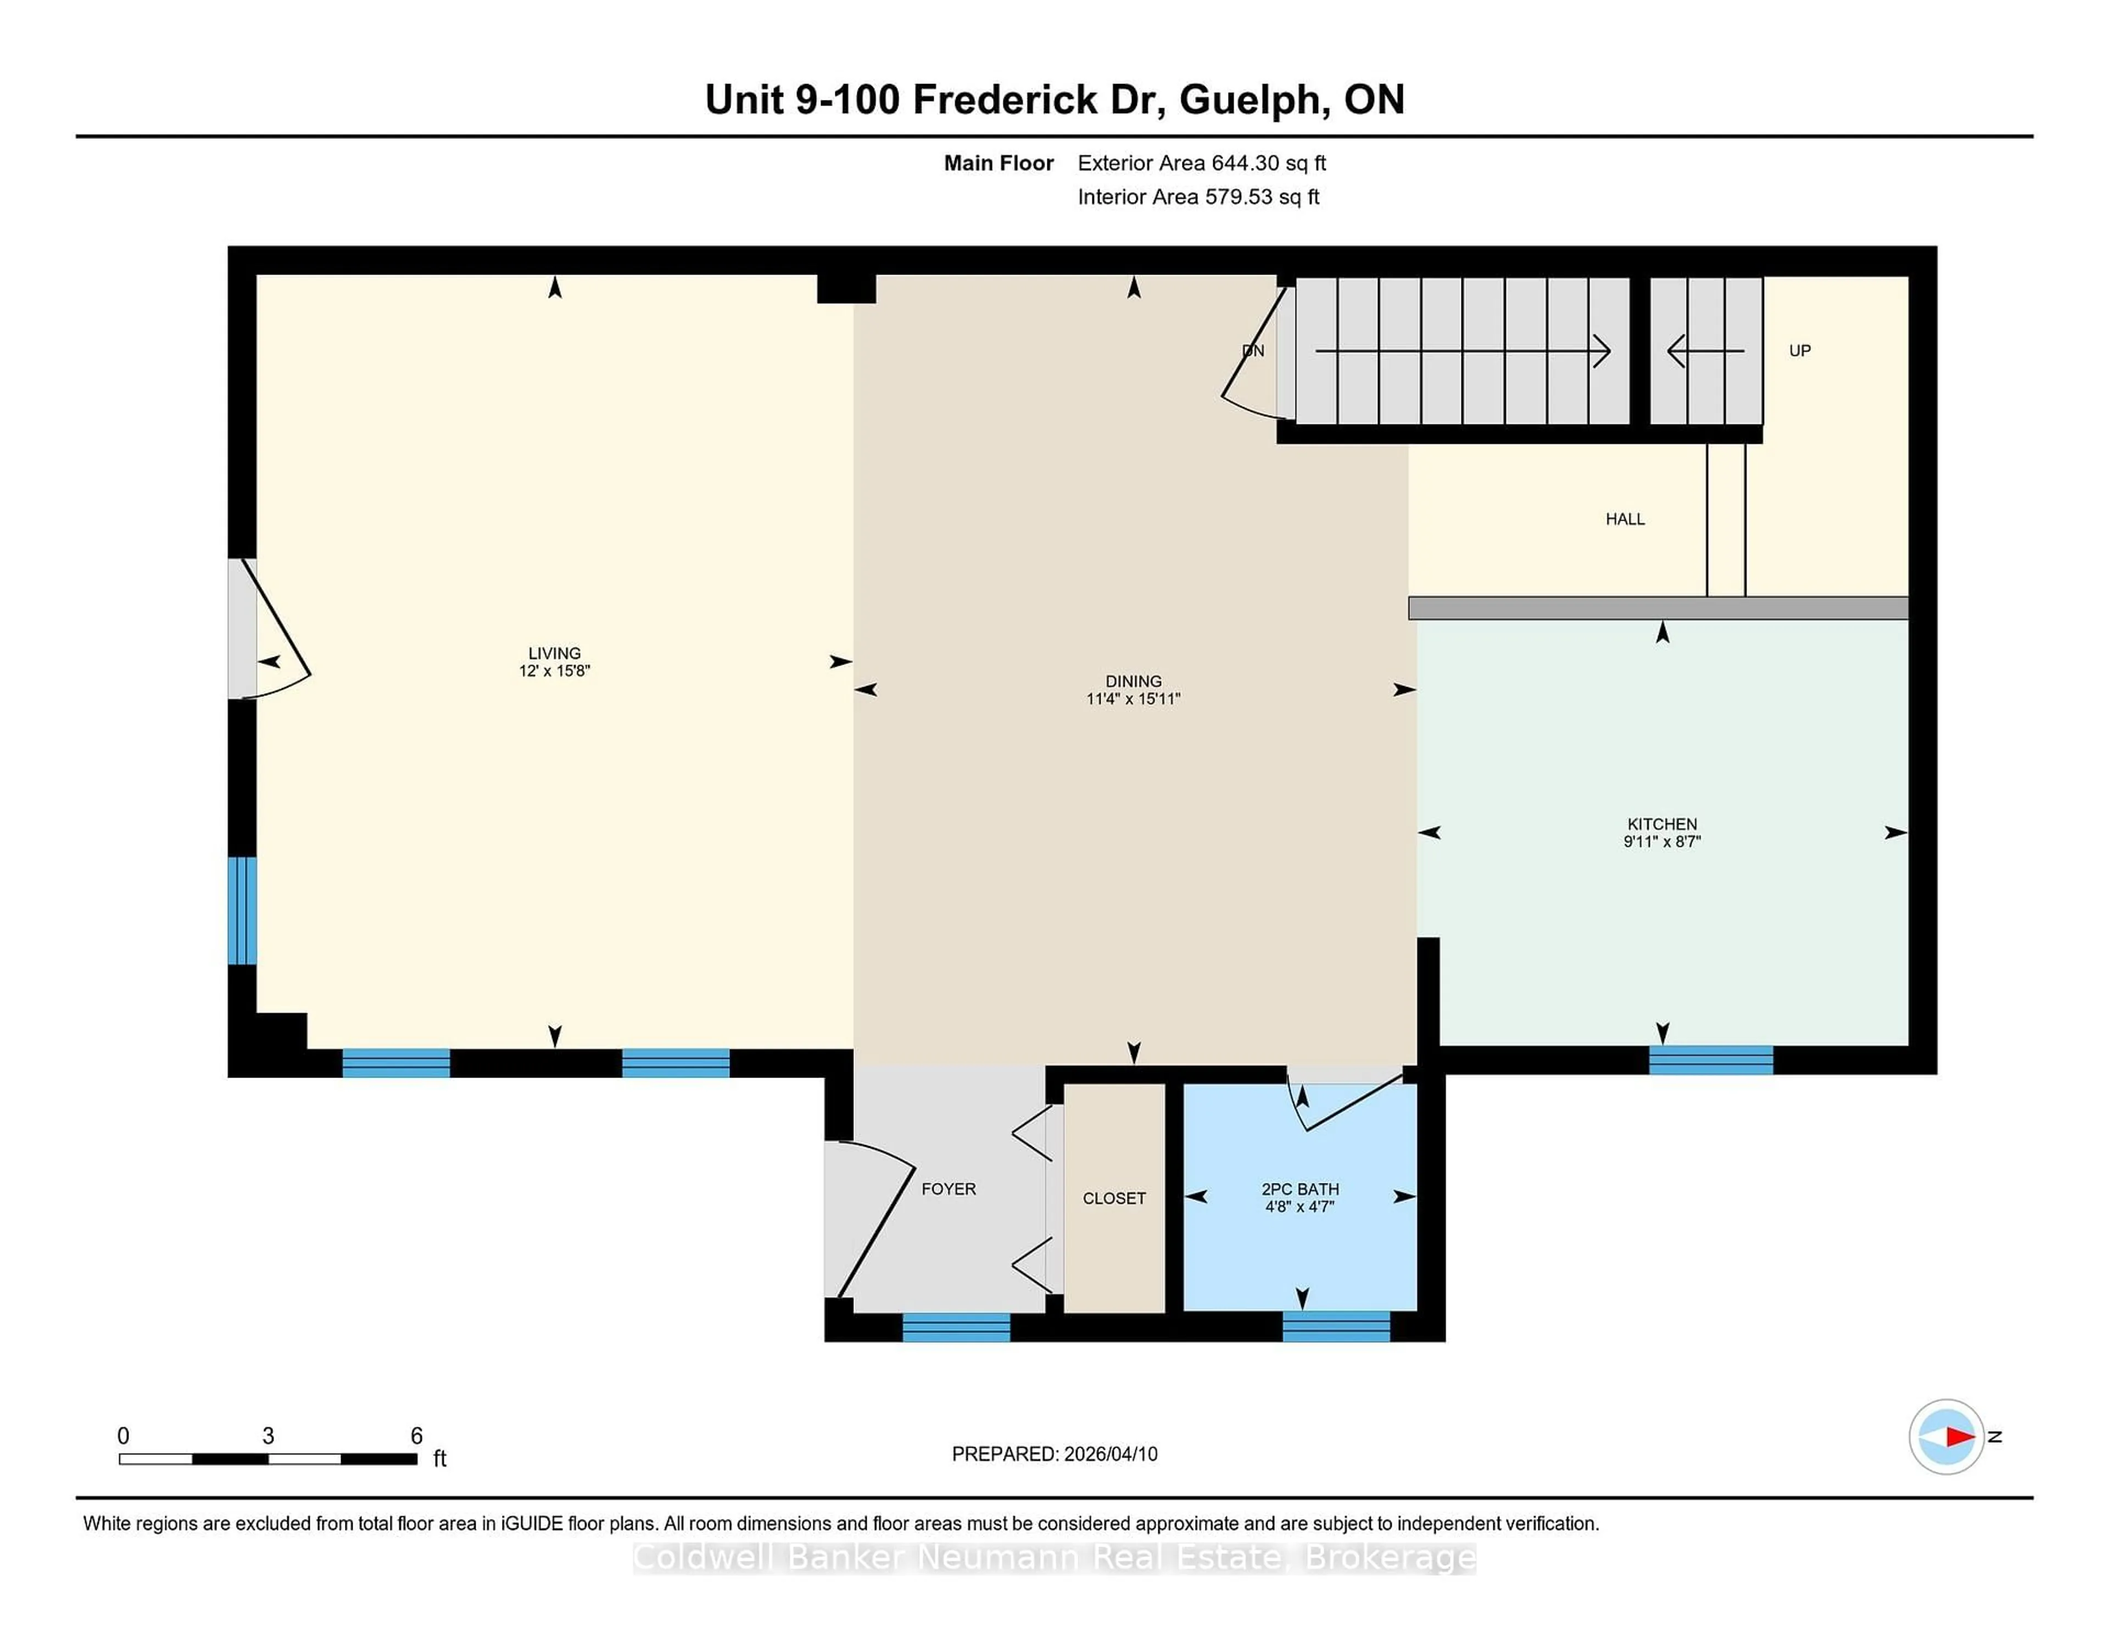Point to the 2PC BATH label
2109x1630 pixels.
1300,1188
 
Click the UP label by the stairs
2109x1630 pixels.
1799,350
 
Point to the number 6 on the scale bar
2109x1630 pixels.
416,1435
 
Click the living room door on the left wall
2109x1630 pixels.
270,629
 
